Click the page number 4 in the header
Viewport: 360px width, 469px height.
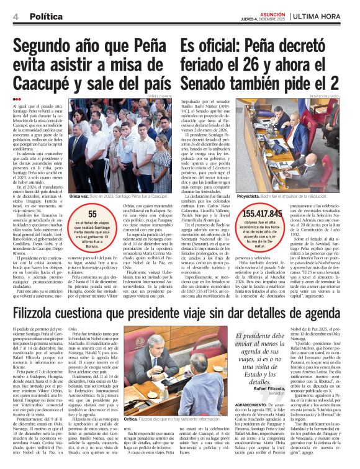pyautogui.click(x=14, y=17)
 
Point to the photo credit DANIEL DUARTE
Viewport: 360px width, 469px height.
pyautogui.click(x=160, y=96)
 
